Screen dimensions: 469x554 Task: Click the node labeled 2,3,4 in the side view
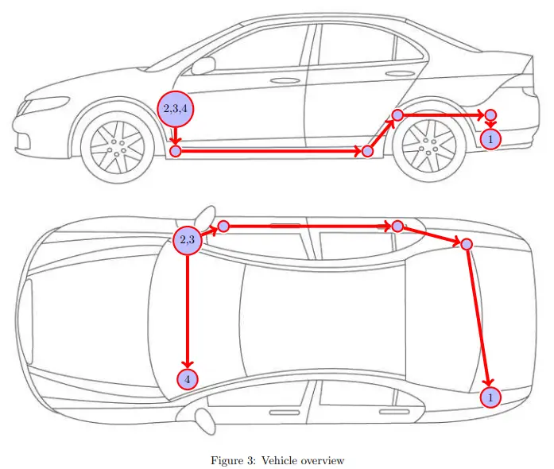[176, 109]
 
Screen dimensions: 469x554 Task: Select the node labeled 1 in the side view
[491, 140]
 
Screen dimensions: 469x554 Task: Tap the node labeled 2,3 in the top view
[188, 239]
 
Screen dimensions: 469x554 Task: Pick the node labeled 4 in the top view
[188, 379]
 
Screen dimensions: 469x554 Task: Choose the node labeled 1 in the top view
[491, 396]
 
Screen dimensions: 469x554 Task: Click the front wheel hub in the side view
[117, 146]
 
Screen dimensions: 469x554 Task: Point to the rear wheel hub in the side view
[429, 146]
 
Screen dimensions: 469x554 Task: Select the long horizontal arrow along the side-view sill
[270, 151]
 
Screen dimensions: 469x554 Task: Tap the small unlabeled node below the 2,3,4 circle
[176, 151]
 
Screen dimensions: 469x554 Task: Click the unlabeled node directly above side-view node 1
[490, 115]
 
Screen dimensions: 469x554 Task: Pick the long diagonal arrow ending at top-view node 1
[479, 318]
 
